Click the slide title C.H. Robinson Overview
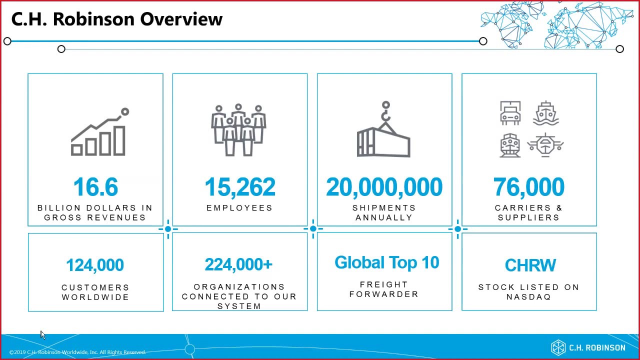point(116,19)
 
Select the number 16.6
point(95,187)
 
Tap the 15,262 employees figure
point(240,187)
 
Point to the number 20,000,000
point(384,187)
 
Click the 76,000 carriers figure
point(528,187)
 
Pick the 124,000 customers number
point(95,265)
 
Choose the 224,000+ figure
point(238,264)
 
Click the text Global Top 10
point(386,262)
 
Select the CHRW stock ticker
point(530,265)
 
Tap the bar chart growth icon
point(99,132)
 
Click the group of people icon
point(238,130)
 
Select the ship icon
point(545,113)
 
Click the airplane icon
point(545,145)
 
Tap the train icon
point(510,145)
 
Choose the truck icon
point(510,113)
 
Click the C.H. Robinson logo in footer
point(588,347)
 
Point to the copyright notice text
point(77,352)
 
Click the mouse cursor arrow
point(43,334)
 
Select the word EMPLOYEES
point(239,207)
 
